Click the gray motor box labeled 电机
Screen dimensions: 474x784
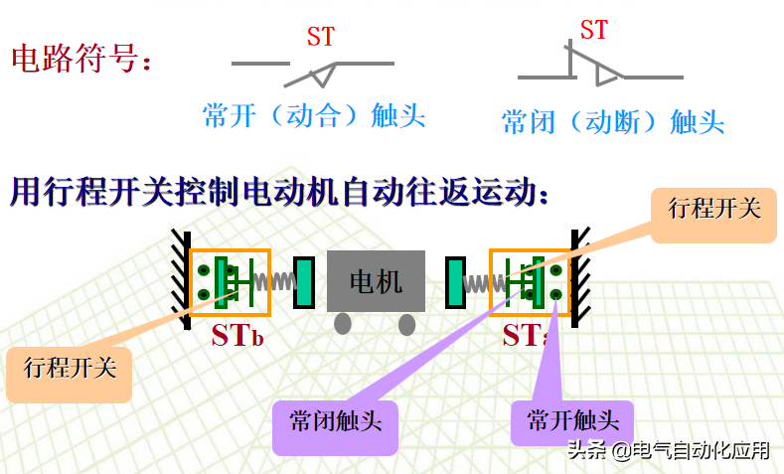[x=376, y=281]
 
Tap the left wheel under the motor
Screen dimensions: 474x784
[x=343, y=324]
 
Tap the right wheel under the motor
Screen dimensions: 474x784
[x=407, y=324]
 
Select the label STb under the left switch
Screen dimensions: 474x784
[x=236, y=335]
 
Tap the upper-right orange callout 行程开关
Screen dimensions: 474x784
[x=713, y=209]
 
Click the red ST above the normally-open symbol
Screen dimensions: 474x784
[x=320, y=38]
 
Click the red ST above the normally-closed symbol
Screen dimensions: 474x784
[x=593, y=31]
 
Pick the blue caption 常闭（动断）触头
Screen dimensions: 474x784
[x=613, y=122]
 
